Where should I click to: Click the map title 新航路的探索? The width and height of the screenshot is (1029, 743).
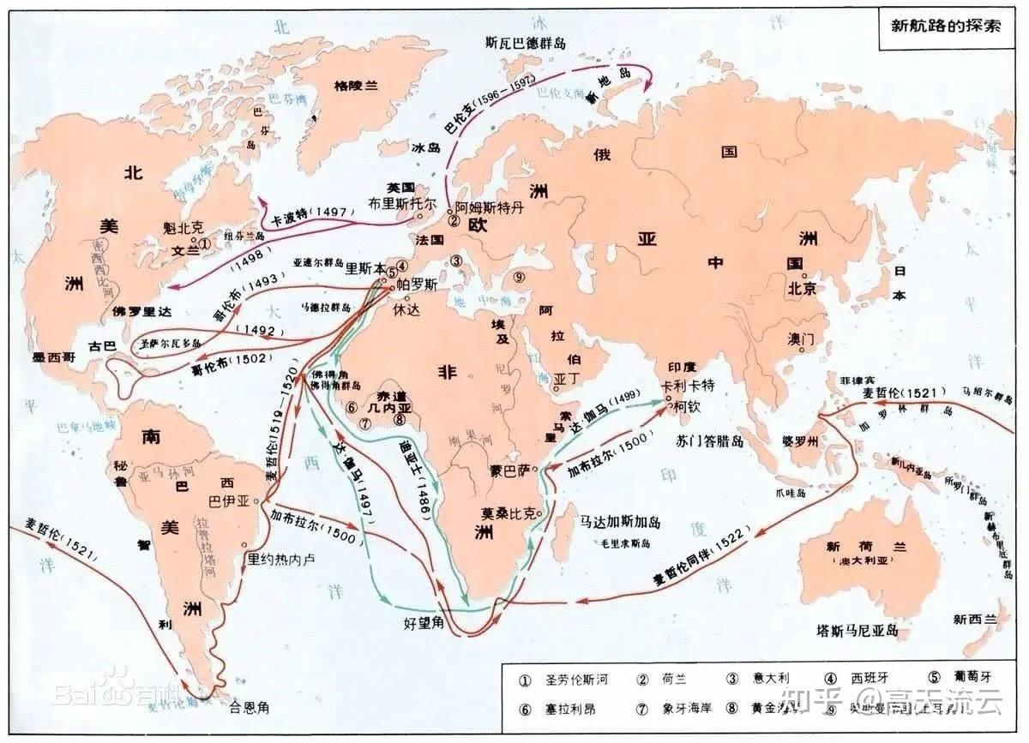click(x=946, y=25)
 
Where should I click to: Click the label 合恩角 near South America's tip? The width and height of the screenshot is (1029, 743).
click(x=250, y=708)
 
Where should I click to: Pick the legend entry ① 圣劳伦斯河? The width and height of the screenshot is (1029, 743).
click(x=565, y=680)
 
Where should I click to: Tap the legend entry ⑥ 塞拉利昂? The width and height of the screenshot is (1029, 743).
click(x=565, y=709)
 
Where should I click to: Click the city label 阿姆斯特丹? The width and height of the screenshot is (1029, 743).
click(x=488, y=207)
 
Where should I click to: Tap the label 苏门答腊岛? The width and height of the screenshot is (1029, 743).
click(x=713, y=440)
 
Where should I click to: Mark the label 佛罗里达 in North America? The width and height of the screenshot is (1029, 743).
click(x=143, y=311)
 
